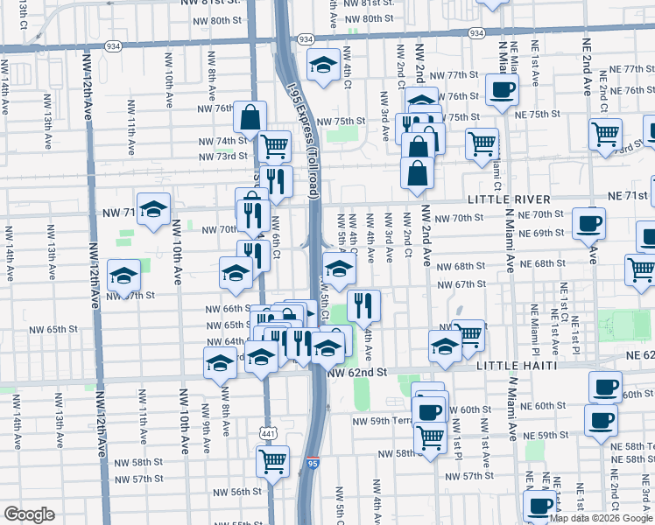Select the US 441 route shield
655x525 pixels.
pyautogui.click(x=269, y=432)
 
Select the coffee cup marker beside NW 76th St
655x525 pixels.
pyautogui.click(x=502, y=88)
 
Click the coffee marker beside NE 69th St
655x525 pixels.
pyautogui.click(x=588, y=222)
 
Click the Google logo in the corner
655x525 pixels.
pyautogui.click(x=29, y=514)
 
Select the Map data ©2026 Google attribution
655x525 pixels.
pyautogui.click(x=600, y=518)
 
